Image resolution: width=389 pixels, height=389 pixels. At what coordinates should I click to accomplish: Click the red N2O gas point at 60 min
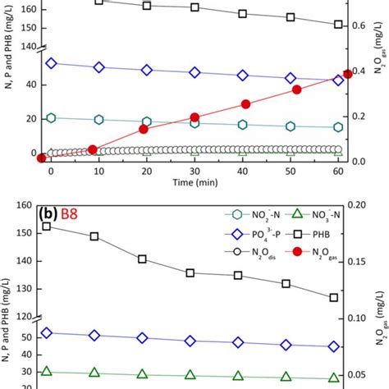pos(347,74)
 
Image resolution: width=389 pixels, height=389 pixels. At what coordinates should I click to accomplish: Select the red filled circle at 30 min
pos(194,117)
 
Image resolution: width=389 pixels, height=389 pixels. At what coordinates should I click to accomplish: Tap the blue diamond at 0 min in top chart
pos(51,63)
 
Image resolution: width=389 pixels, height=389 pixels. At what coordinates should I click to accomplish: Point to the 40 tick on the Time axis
pos(243,170)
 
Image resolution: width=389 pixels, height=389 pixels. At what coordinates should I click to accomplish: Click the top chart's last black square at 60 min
pos(338,25)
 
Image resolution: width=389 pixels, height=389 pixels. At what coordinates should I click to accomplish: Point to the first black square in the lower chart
pos(47,226)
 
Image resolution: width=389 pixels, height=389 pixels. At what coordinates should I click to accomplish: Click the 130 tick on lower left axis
pos(22,288)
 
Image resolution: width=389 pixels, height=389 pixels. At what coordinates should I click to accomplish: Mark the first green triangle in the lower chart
pos(47,372)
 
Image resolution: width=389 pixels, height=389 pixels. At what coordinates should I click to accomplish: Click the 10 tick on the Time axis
pos(98,170)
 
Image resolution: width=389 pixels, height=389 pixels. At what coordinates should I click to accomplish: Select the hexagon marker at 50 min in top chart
pos(291,126)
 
